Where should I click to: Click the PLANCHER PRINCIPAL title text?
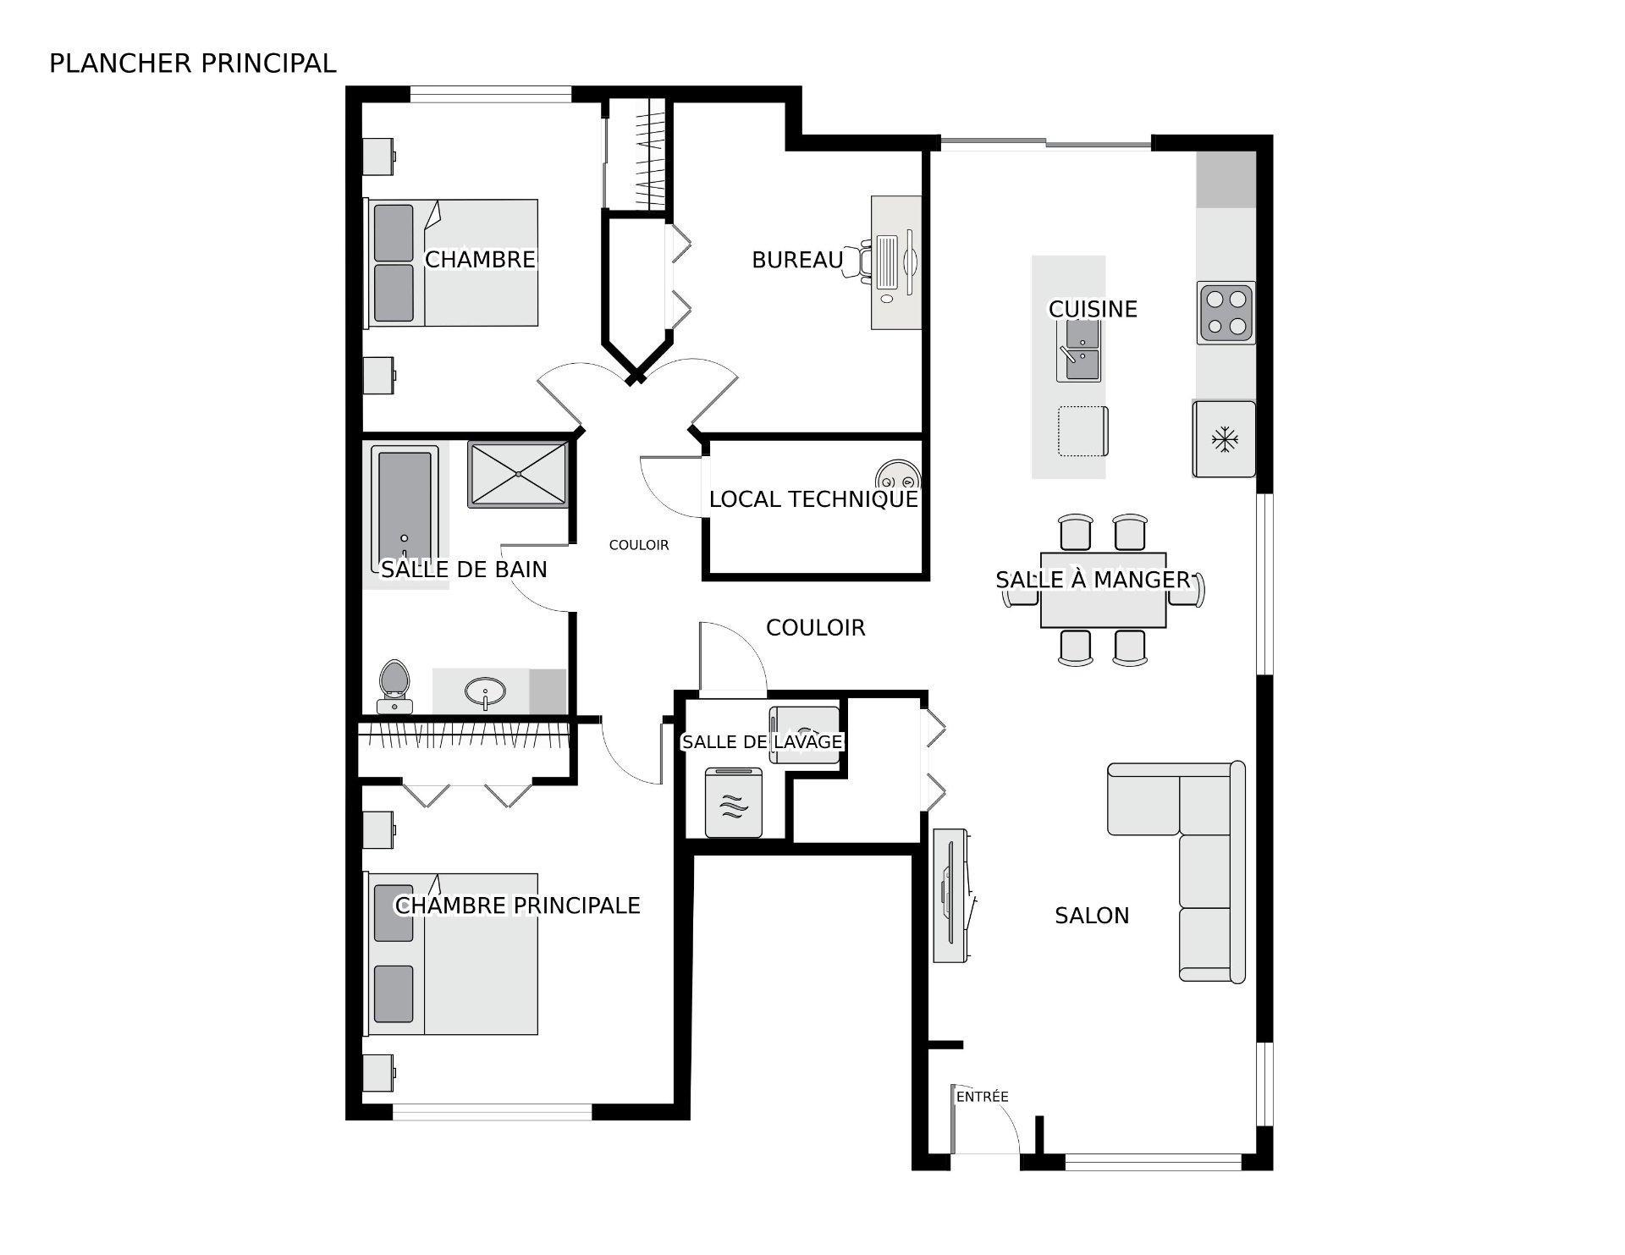tap(192, 63)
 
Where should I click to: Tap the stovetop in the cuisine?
tap(1226, 312)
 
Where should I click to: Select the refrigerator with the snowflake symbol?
tap(1224, 439)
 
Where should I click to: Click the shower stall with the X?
tap(518, 475)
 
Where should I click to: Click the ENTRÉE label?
tap(982, 1097)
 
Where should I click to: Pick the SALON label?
tap(1091, 916)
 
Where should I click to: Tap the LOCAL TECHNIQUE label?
tap(812, 499)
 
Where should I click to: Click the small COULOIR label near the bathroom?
tap(639, 545)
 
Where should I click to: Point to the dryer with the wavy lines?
tap(734, 802)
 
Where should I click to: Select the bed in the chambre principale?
tap(453, 954)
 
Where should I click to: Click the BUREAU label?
tap(797, 260)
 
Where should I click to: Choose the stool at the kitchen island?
tap(1082, 431)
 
